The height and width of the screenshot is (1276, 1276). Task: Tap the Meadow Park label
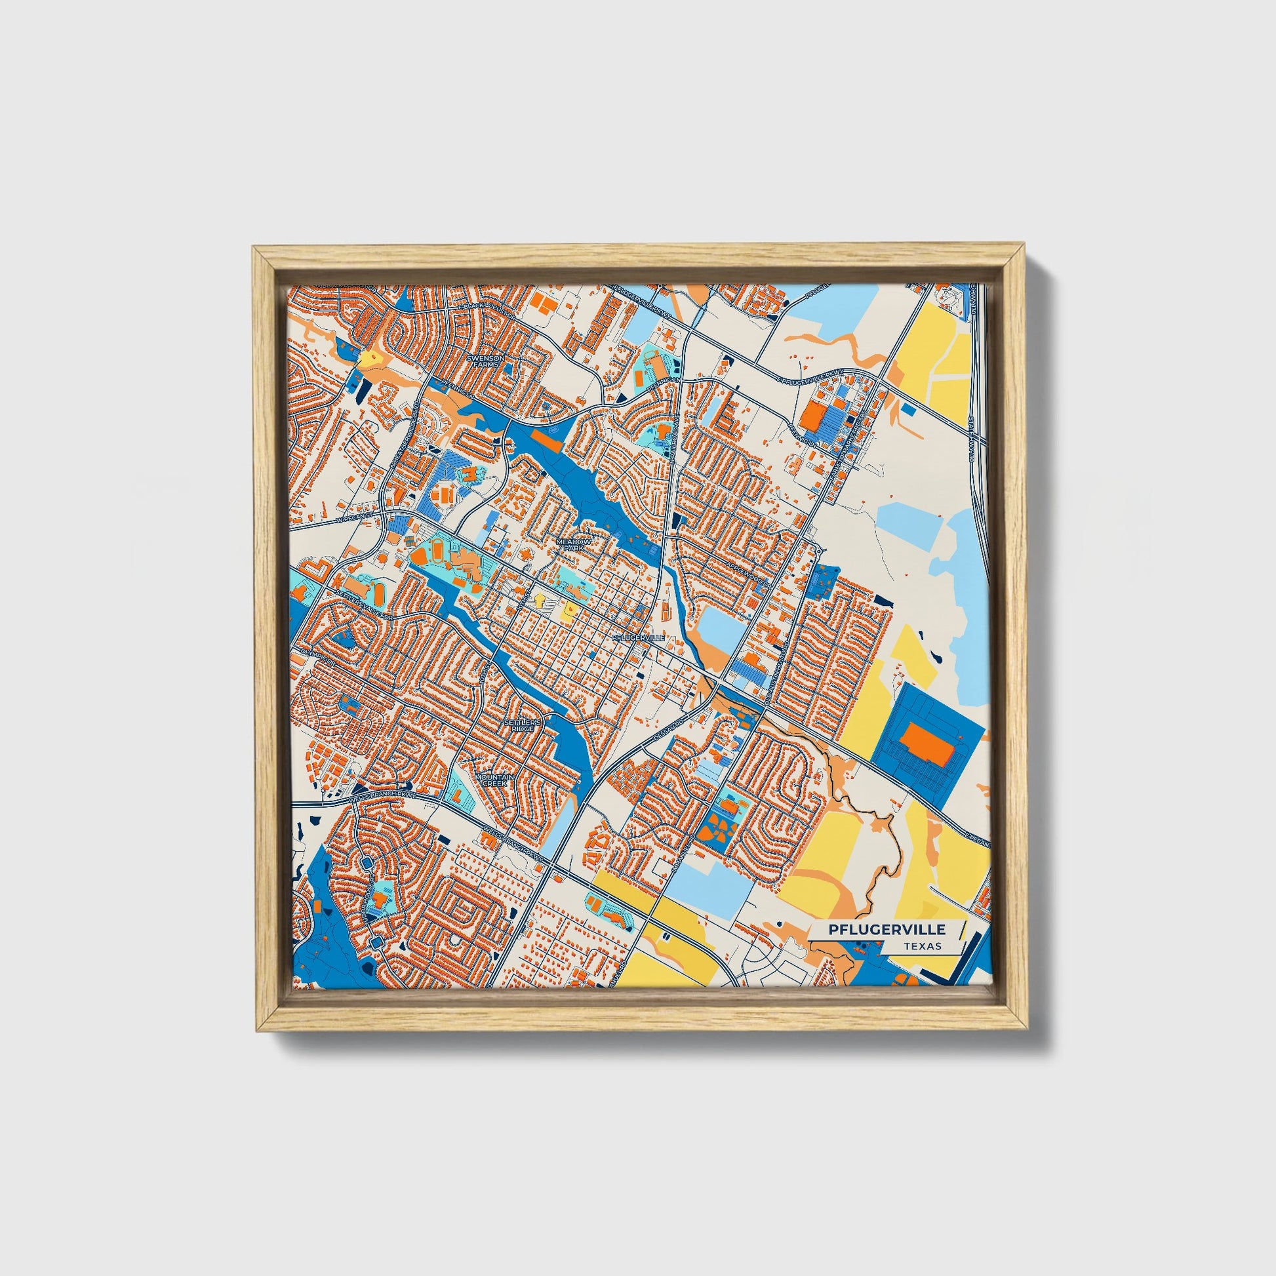(x=570, y=544)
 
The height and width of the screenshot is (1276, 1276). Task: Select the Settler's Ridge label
(x=523, y=725)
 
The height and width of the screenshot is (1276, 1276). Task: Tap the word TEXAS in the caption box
(x=923, y=946)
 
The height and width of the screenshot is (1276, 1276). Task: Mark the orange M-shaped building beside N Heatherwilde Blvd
(x=468, y=473)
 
